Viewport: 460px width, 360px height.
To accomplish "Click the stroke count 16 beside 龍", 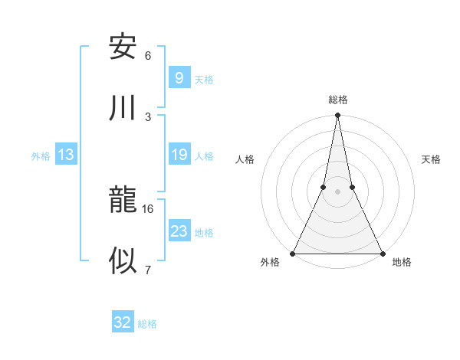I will point(148,208).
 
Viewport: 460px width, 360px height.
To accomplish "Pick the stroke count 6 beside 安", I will point(148,55).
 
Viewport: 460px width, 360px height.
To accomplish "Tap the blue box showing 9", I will point(179,77).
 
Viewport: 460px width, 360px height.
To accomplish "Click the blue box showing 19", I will point(179,155).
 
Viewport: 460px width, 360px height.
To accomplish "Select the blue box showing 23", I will point(179,231).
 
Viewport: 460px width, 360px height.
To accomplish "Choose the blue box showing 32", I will point(123,322).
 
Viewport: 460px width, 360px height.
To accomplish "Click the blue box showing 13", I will point(66,155).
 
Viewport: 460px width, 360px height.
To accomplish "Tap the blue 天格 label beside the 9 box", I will point(204,79).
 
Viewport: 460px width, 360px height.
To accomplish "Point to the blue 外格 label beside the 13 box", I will point(41,155).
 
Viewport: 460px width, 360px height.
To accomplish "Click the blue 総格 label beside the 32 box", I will point(147,323).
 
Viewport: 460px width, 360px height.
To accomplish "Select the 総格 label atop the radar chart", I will point(338,100).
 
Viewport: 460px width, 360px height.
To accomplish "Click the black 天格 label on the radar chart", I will point(432,159).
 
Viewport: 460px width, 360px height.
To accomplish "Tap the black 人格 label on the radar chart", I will point(245,159).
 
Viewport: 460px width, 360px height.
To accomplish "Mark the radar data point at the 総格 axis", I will point(337,116).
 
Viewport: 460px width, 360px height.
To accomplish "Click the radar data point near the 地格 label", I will point(382,253).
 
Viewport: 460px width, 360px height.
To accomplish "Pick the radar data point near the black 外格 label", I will point(293,253).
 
